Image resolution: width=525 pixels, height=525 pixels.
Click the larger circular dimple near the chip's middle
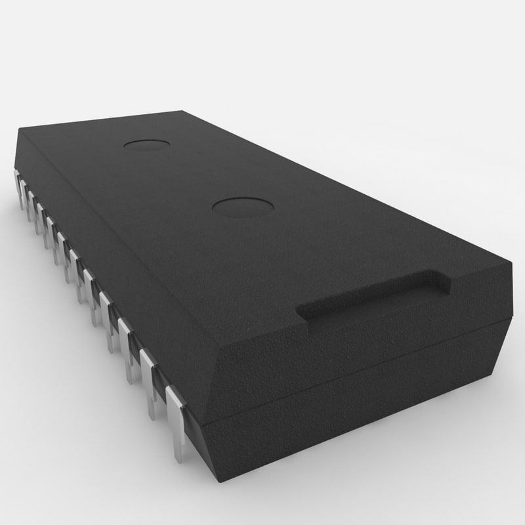pyautogui.click(x=243, y=207)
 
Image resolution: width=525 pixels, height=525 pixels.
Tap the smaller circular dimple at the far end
pyautogui.click(x=146, y=144)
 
